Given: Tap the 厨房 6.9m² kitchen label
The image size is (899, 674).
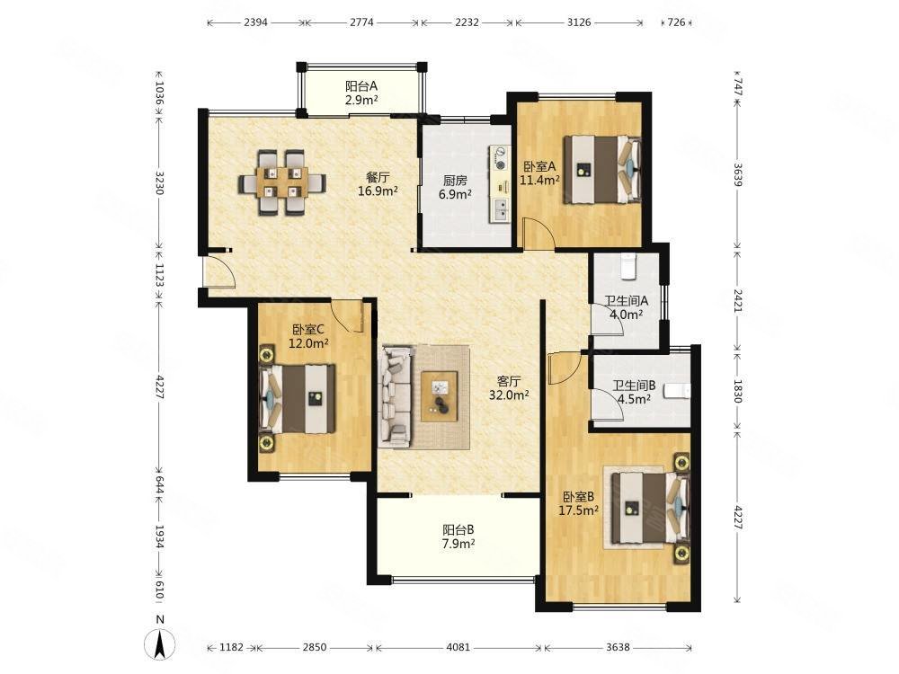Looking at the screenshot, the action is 455,188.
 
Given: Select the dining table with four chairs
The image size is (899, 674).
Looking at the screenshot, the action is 282,182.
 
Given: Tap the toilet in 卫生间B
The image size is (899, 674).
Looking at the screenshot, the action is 677,391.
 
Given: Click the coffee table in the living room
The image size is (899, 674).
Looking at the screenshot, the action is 440,396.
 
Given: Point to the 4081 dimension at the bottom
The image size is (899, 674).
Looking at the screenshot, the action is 458,647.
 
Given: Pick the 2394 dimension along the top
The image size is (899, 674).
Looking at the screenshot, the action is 255,22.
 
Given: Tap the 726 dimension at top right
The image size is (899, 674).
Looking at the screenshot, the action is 677,22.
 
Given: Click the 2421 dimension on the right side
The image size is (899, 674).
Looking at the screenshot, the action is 738,300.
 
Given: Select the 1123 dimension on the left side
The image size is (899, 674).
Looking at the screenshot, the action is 159,275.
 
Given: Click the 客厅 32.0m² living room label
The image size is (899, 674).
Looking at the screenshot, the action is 509,388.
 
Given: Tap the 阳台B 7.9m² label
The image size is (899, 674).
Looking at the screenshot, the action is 458,537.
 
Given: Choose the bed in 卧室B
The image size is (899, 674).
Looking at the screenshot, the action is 649,507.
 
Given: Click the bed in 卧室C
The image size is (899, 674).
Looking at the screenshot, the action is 298,399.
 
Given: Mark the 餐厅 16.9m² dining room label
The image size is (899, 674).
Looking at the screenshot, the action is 378,184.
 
